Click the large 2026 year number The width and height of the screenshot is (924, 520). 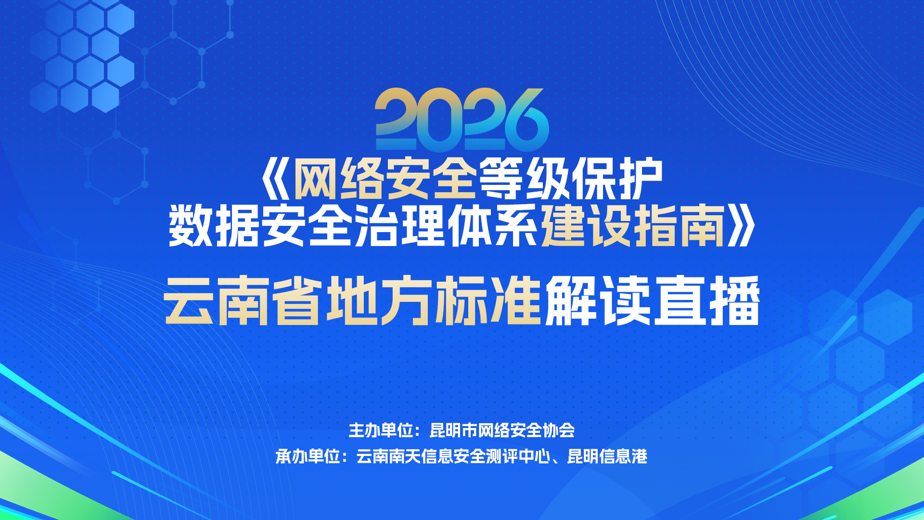click(462, 119)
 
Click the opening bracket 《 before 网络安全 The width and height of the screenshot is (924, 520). click(275, 179)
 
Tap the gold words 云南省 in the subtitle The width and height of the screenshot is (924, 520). click(243, 300)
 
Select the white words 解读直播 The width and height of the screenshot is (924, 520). click(653, 300)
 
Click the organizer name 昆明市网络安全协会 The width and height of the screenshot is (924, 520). click(502, 430)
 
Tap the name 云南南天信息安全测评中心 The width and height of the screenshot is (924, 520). click(453, 456)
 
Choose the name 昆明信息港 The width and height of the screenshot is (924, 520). click(607, 456)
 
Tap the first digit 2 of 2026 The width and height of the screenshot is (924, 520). click(397, 119)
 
